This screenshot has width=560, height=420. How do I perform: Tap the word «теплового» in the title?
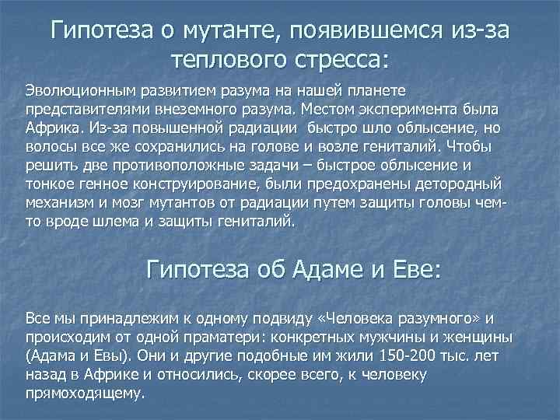click(x=230, y=59)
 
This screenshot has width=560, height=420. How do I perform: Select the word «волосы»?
click(x=49, y=147)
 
